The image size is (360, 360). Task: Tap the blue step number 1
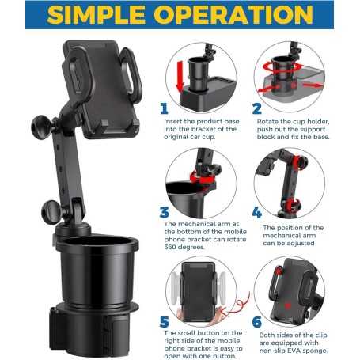pos(165,109)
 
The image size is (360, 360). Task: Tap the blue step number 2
pos(257,109)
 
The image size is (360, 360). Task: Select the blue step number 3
pos(165,212)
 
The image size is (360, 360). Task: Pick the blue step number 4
pos(257,212)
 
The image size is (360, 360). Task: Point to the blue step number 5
pos(165,322)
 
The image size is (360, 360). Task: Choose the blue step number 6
pos(257,322)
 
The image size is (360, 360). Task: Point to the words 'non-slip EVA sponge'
pos(304,352)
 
